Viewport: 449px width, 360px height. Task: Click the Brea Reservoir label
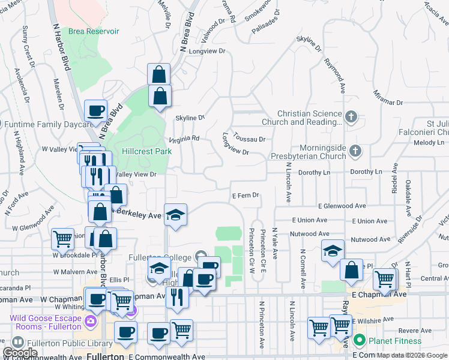point(93,31)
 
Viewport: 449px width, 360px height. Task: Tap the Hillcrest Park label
point(147,151)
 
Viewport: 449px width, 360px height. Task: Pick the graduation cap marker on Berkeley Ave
point(175,214)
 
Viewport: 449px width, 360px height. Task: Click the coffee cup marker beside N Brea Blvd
point(95,110)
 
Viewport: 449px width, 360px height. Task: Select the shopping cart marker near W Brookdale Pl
point(63,239)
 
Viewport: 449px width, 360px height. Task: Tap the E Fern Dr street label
point(245,195)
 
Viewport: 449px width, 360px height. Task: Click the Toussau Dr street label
point(250,139)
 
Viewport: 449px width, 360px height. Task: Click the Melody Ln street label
point(428,143)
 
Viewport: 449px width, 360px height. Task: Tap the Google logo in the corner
point(20,353)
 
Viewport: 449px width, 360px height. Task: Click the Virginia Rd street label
point(184,139)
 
